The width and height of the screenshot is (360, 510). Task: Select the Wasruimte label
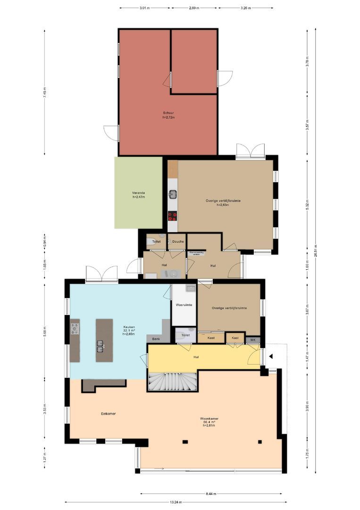click(184, 305)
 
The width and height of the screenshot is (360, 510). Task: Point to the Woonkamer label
click(209, 418)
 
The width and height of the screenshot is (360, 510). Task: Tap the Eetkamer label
click(108, 413)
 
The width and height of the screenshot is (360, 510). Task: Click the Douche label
click(177, 242)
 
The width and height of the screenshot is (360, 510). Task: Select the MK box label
click(252, 340)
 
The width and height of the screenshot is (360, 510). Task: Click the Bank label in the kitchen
click(156, 339)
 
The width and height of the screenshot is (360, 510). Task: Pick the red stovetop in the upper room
click(172, 216)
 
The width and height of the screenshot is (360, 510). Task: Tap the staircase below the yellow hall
click(173, 381)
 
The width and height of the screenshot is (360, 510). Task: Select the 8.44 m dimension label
click(212, 494)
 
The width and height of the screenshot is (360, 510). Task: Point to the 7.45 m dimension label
click(45, 92)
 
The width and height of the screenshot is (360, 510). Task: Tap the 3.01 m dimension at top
click(145, 8)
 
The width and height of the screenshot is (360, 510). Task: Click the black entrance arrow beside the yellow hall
click(270, 357)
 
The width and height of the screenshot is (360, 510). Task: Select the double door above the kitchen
click(101, 274)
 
